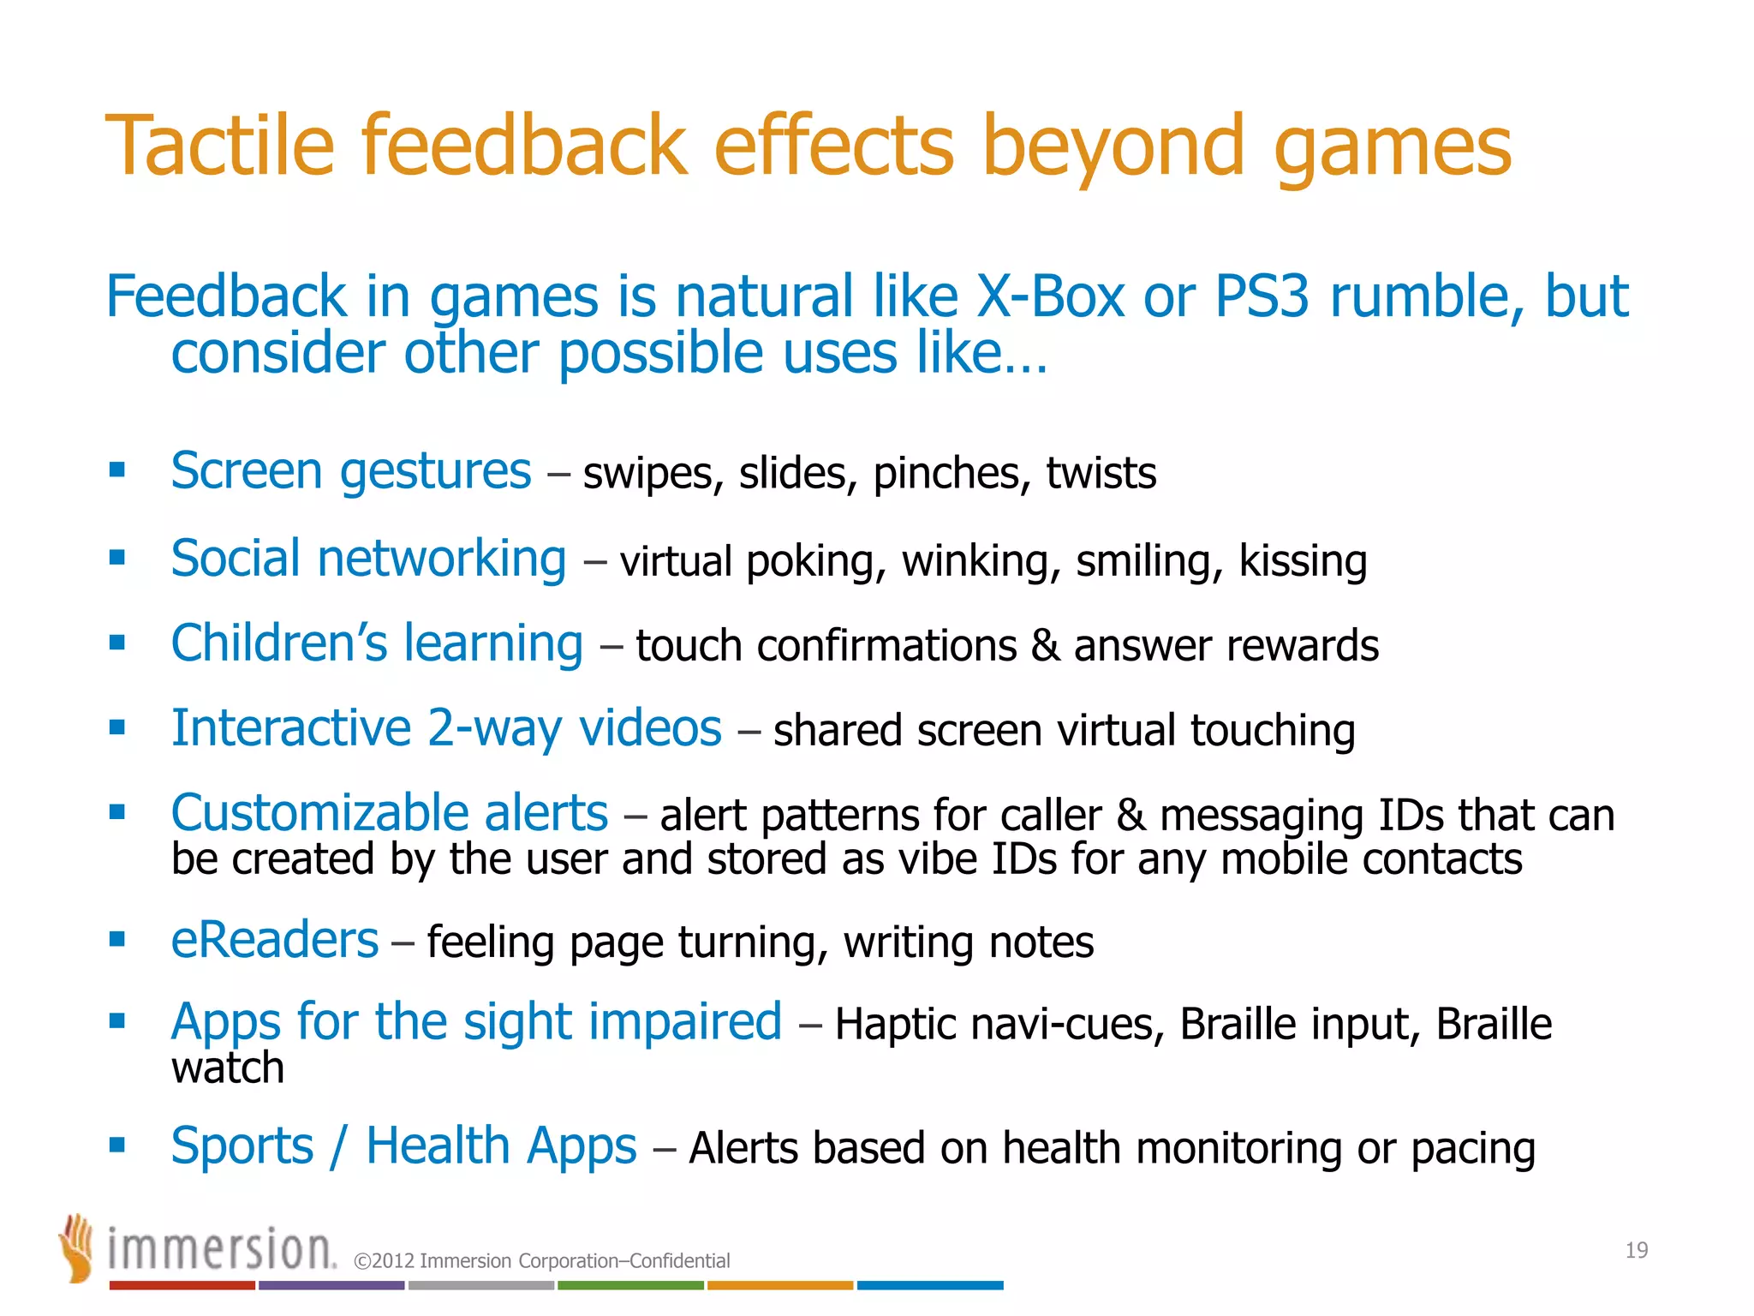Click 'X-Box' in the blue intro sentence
(1050, 296)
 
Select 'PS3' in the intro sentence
(1262, 296)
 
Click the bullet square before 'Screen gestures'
(117, 470)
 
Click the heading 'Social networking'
(368, 559)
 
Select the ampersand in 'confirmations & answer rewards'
(1045, 645)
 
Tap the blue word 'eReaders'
(274, 940)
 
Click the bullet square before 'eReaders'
(117, 939)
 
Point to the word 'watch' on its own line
(227, 1068)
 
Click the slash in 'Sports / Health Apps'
(339, 1146)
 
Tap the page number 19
(1636, 1250)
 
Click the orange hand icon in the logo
(77, 1247)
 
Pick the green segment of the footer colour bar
(630, 1285)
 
